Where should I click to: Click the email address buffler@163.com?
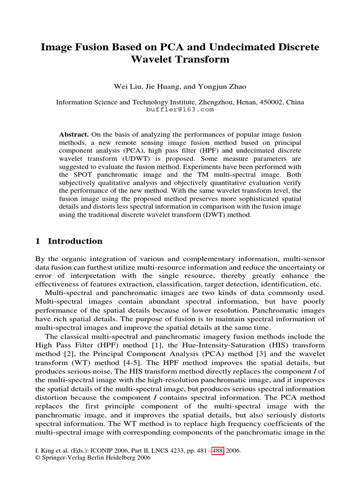pyautogui.click(x=180, y=109)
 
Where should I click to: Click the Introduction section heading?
pyautogui.click(x=75, y=241)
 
